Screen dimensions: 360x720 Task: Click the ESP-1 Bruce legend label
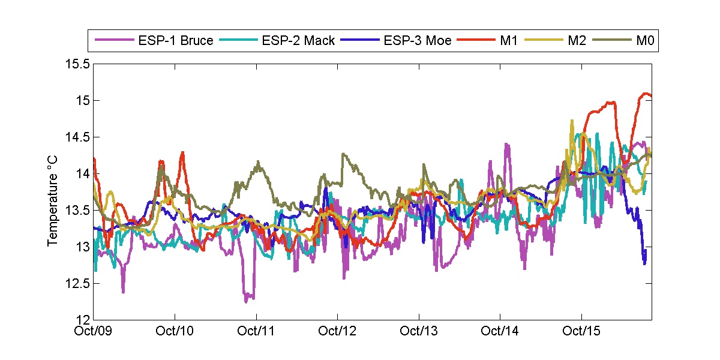coord(175,41)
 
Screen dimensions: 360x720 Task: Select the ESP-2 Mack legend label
coord(298,41)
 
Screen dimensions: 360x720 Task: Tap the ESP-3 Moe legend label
coord(418,41)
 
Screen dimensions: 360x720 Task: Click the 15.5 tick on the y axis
coord(79,64)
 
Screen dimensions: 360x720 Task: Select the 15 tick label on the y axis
coord(83,100)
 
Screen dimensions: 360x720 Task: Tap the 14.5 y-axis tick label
coord(79,137)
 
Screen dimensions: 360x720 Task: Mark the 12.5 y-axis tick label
coord(79,283)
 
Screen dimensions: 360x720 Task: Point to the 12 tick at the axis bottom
coord(83,320)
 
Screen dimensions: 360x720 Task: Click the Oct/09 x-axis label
coord(95,331)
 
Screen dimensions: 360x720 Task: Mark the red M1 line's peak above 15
coord(646,94)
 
